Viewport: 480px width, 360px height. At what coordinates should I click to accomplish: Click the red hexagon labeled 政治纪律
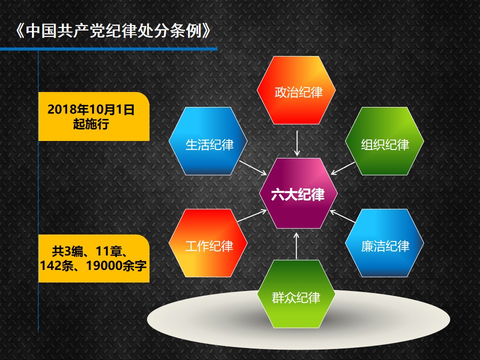point(296,90)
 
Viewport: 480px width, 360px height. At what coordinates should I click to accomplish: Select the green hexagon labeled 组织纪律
point(384,141)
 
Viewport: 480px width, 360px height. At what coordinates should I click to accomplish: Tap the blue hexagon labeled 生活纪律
point(208,141)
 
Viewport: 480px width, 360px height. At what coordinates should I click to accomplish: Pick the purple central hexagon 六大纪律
point(298,193)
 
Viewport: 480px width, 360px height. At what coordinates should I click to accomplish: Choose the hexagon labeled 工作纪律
point(208,243)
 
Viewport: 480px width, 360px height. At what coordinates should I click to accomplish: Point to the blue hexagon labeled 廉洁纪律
point(384,243)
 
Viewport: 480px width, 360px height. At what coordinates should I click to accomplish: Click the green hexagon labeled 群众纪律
point(296,294)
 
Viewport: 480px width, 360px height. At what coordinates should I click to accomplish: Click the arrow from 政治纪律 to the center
point(296,143)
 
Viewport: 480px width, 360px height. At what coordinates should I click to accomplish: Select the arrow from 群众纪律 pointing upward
point(296,246)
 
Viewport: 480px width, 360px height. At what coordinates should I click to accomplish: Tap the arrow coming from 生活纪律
point(253,168)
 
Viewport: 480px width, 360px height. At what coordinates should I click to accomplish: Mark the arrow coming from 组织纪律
point(343,168)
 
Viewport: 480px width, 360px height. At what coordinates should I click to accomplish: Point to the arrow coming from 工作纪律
point(252,215)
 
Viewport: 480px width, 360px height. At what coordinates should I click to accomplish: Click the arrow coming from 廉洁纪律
point(342,216)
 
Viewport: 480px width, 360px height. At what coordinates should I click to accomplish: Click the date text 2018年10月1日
point(91,109)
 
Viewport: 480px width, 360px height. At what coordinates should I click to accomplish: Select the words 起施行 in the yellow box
point(91,124)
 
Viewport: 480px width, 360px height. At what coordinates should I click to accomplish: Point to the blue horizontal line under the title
point(108,49)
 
